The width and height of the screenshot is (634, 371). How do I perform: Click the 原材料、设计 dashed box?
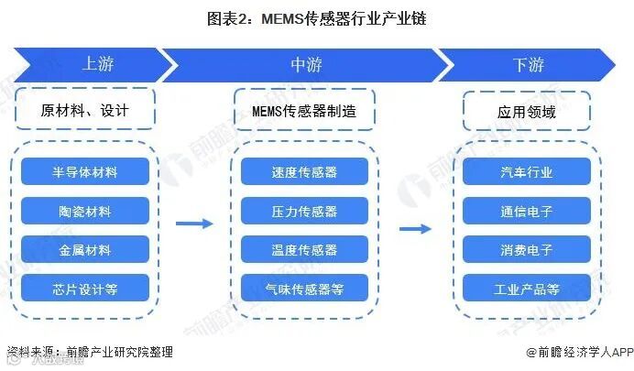pyautogui.click(x=85, y=111)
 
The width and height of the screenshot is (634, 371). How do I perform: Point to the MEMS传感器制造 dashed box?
pyautogui.click(x=305, y=111)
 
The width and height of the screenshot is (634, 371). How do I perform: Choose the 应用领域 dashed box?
pyautogui.click(x=527, y=112)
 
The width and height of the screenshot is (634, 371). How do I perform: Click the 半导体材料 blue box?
pyautogui.click(x=85, y=171)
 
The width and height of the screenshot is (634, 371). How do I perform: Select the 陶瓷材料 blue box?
pyautogui.click(x=85, y=211)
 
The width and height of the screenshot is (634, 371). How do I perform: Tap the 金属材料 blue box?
pyautogui.click(x=85, y=250)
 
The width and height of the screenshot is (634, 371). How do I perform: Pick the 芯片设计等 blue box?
pyautogui.click(x=85, y=289)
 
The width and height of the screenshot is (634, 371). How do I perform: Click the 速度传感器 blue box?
pyautogui.click(x=305, y=171)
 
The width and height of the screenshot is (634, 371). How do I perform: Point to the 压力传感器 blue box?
pyautogui.click(x=305, y=211)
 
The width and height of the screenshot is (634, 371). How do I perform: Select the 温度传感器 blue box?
pyautogui.click(x=305, y=250)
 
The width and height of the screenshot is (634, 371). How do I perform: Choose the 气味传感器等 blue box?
pyautogui.click(x=305, y=289)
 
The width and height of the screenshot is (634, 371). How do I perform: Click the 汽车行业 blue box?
pyautogui.click(x=527, y=171)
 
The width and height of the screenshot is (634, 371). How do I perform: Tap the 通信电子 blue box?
pyautogui.click(x=527, y=211)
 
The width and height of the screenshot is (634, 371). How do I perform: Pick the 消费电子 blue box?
pyautogui.click(x=527, y=250)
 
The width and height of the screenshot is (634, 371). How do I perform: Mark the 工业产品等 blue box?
pyautogui.click(x=527, y=289)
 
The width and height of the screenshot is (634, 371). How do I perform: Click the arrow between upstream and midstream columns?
pyautogui.click(x=193, y=224)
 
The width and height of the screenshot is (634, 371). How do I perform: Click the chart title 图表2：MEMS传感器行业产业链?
pyautogui.click(x=317, y=16)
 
